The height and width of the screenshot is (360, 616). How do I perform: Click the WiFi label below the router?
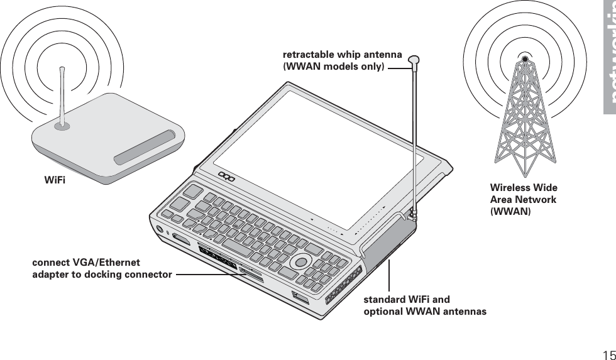click(x=55, y=181)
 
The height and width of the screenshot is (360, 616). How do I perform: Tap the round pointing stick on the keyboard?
click(x=301, y=261)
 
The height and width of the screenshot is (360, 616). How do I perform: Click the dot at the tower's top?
click(x=525, y=59)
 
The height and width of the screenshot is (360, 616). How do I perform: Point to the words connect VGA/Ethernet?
click(x=86, y=263)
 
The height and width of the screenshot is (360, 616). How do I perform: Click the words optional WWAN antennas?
click(x=425, y=312)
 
